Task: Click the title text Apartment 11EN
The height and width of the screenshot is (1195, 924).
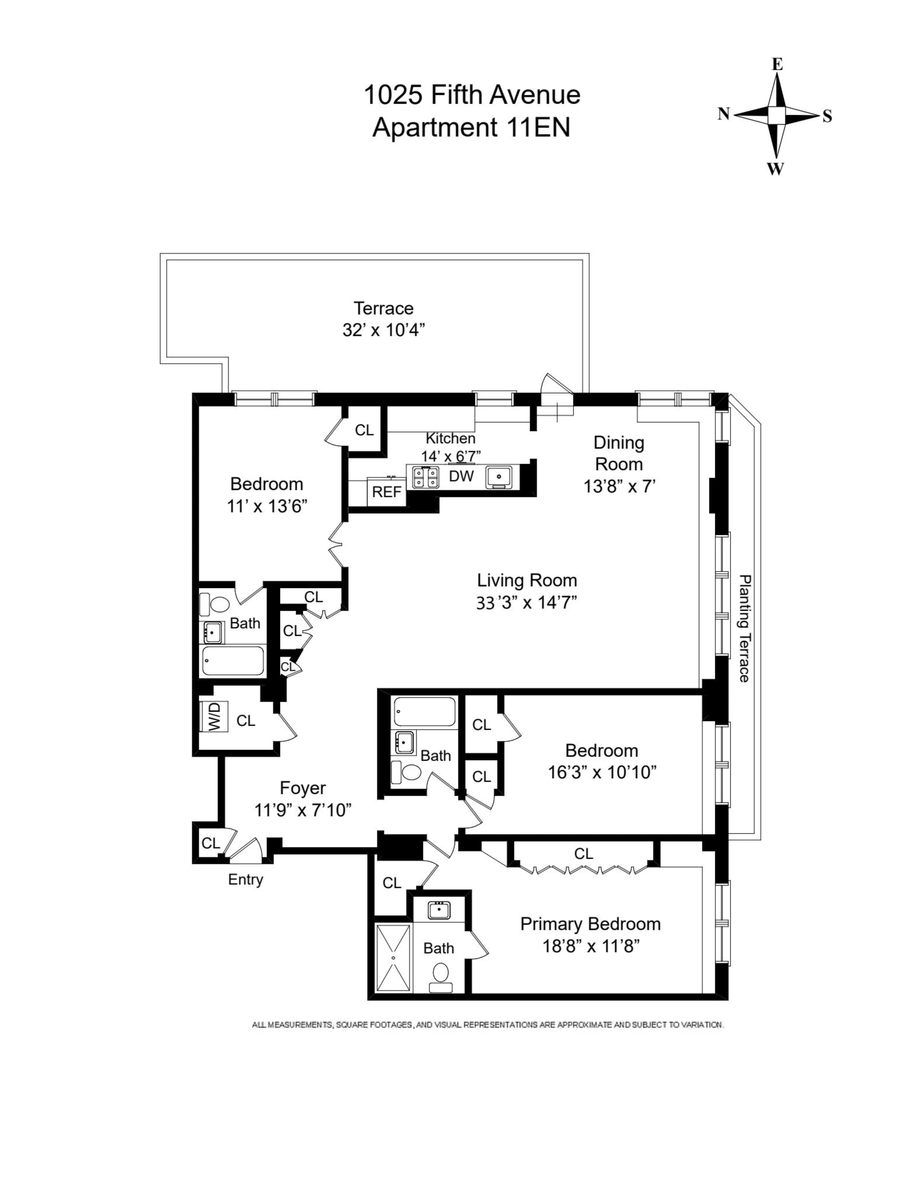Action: tap(471, 128)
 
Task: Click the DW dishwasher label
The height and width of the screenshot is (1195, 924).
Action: tap(461, 476)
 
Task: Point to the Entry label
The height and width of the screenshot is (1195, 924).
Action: tap(245, 879)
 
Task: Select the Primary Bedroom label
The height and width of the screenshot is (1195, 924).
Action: tap(590, 924)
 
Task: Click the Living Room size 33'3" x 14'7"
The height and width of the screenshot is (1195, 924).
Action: tap(527, 602)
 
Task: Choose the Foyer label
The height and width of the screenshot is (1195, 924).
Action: tap(303, 788)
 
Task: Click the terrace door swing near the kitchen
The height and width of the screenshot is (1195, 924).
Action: tap(555, 389)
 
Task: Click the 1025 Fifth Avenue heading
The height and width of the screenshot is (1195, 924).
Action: tap(472, 95)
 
